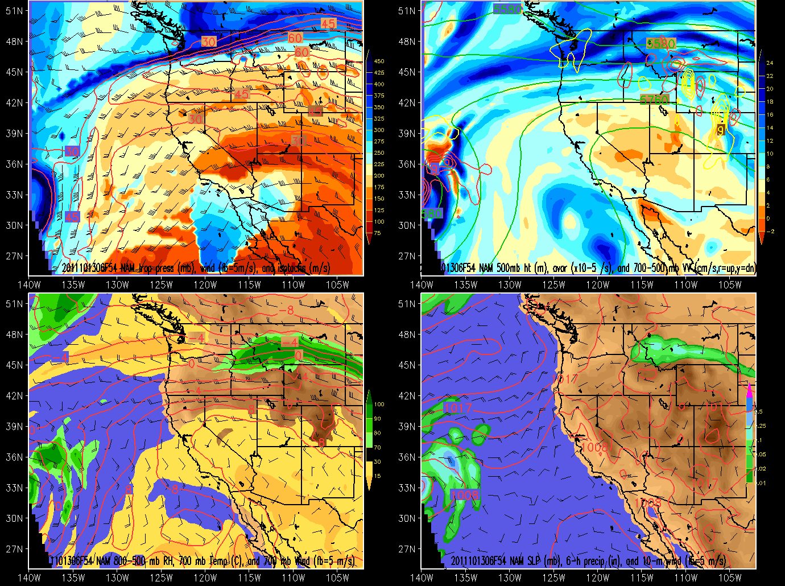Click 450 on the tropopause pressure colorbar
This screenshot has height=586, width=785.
click(379, 61)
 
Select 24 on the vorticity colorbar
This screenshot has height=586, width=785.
click(770, 63)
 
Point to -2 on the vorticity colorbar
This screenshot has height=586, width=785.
click(770, 232)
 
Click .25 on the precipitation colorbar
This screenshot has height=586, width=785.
click(762, 426)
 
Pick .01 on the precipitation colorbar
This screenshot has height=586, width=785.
click(762, 483)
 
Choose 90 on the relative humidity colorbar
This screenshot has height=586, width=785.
click(377, 419)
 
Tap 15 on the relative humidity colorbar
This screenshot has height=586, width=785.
click(377, 476)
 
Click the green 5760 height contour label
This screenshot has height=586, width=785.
click(654, 100)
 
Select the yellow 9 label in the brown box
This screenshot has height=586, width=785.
click(720, 130)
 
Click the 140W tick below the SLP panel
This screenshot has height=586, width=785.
click(422, 577)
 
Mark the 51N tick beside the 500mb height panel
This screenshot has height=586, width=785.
click(407, 11)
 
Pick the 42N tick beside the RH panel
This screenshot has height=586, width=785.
click(14, 395)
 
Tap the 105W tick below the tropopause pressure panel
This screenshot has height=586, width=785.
click(338, 284)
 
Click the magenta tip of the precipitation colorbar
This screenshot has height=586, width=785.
click(749, 390)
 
